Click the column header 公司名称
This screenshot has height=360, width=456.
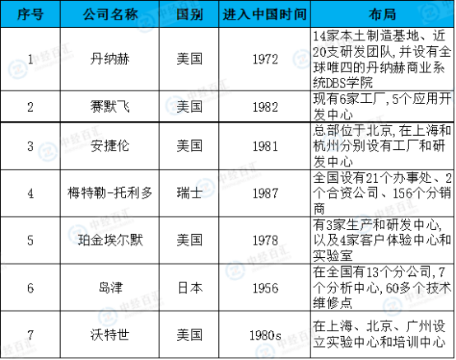coord(110,14)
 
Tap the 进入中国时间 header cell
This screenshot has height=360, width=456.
coord(265,14)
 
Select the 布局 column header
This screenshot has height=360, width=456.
coord(382,14)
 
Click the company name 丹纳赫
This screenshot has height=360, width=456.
coord(110,59)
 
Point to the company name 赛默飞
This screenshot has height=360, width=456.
coord(110,106)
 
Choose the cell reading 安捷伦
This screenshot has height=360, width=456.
coord(110,146)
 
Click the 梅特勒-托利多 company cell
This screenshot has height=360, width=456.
coord(110,193)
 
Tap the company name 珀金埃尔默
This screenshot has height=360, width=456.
coord(110,240)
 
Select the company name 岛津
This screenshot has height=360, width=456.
coord(110,288)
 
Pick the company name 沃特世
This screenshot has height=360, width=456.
coord(110,334)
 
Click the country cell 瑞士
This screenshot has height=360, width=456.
coord(189,193)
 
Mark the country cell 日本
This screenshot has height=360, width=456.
coord(189,288)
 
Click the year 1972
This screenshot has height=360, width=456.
coord(265,59)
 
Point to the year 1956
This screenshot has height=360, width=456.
coord(265,288)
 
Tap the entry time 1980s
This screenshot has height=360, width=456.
coord(265,335)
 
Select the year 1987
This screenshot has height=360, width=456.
coord(265,194)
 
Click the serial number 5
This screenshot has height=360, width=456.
coord(30,241)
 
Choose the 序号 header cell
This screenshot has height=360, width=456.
coord(30,14)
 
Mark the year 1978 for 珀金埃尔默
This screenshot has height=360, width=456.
coord(265,241)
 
